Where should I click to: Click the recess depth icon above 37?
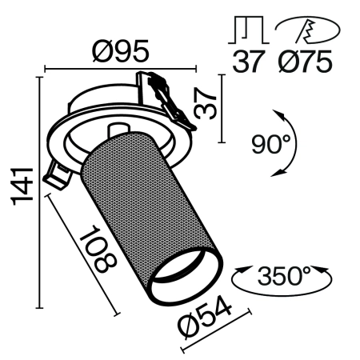coord(248,30)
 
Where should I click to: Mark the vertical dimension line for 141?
coord(39,192)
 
